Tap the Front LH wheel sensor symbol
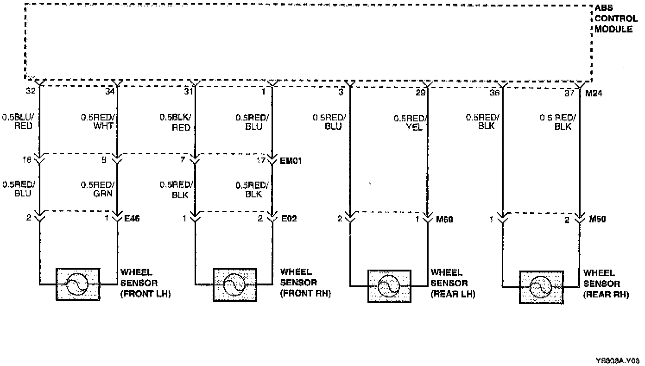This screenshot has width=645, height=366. [x=78, y=284]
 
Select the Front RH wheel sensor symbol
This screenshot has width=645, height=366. [x=235, y=284]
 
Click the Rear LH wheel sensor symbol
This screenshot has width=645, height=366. [x=389, y=286]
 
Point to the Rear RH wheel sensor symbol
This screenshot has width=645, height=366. [x=541, y=287]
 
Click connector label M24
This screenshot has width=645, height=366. [x=593, y=94]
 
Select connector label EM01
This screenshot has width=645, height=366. [x=291, y=162]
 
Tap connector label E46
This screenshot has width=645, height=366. [x=132, y=218]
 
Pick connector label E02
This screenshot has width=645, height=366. [x=289, y=218]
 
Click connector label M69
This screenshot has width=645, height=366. [x=444, y=219]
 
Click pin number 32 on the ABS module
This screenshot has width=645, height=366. [x=31, y=92]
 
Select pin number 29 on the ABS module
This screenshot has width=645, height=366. [x=420, y=93]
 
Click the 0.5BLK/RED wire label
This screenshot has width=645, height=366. [x=175, y=122]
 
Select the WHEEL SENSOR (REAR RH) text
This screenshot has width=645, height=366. [x=606, y=284]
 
